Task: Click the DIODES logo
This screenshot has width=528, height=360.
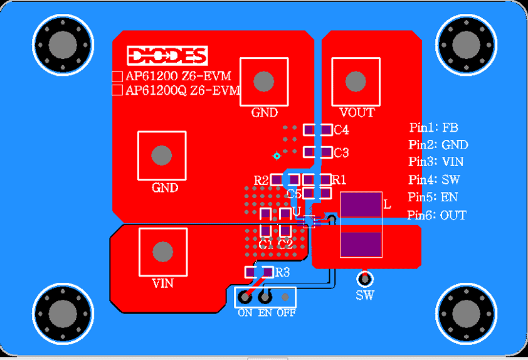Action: tap(167, 56)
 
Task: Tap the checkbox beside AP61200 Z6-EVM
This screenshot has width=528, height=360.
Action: tap(117, 77)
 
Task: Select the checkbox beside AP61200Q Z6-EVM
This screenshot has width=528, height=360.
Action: tap(117, 90)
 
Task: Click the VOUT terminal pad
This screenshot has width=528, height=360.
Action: tap(356, 81)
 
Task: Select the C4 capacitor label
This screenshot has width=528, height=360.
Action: tap(341, 130)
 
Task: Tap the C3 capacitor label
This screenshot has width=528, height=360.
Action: tap(341, 153)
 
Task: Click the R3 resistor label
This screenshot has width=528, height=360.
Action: tap(283, 272)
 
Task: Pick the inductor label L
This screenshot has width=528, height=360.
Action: tap(387, 204)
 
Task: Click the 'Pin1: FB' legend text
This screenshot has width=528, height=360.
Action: tap(434, 128)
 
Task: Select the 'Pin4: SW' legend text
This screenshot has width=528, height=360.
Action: tap(435, 180)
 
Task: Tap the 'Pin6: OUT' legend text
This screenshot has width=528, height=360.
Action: tap(437, 215)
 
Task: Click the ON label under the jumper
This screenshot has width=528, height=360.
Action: tap(245, 312)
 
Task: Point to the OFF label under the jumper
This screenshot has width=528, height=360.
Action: tap(286, 312)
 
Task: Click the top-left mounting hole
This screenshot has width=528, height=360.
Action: tap(62, 44)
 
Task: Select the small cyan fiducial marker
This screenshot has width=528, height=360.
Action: tap(276, 156)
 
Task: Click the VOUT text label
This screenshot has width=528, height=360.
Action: tap(357, 113)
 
